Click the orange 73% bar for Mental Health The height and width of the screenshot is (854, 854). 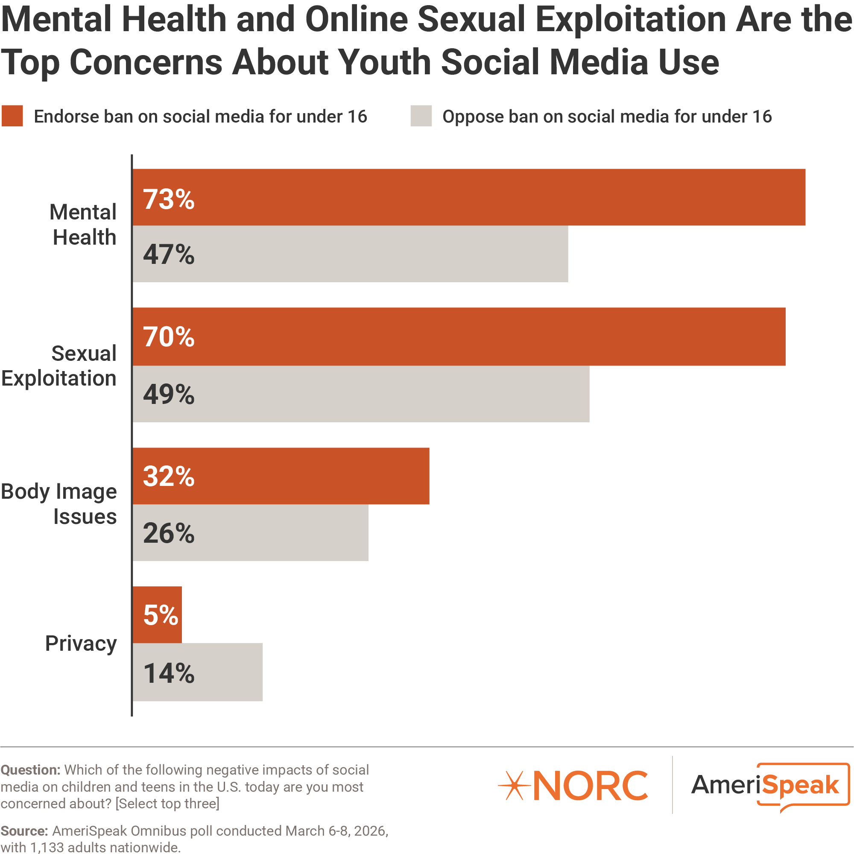tap(468, 197)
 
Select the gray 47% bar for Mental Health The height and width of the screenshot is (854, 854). tap(350, 254)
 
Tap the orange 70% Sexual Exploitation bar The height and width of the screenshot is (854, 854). tap(459, 336)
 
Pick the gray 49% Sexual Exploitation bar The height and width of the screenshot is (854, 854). tap(361, 394)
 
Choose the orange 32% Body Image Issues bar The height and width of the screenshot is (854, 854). tap(281, 476)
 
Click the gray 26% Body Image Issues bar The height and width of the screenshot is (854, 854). tap(250, 532)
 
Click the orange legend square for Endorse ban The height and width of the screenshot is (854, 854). tap(12, 116)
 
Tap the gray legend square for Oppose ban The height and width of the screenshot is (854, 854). tap(421, 116)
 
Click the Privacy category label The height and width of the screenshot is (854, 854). tap(81, 643)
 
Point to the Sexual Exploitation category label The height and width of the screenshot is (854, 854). tap(59, 366)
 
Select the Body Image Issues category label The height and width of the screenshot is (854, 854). tap(59, 504)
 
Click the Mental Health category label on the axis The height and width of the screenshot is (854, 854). tap(83, 225)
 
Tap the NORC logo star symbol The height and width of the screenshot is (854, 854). tap(514, 786)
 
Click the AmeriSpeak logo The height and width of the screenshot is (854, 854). tap(769, 786)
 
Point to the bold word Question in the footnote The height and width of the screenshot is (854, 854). tap(30, 769)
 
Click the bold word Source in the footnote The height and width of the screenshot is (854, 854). tap(24, 831)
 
